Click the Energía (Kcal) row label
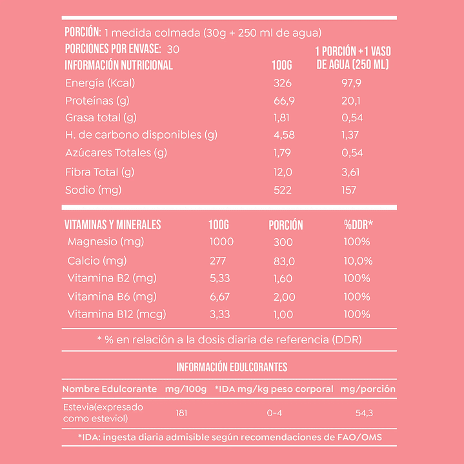coord(100,83)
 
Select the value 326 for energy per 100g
coord(283,83)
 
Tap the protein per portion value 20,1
coord(352,101)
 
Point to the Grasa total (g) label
coord(101,118)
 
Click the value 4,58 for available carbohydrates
coord(283,136)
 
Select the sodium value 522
coord(283,190)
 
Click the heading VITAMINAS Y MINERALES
coord(113,225)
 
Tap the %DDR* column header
coord(359,225)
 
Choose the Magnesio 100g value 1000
coord(221,242)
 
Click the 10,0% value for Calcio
coord(358,261)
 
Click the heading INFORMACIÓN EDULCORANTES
coord(232,367)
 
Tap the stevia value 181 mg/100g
coord(181,412)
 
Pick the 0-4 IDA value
coord(274,412)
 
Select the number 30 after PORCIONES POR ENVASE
coord(172,49)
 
